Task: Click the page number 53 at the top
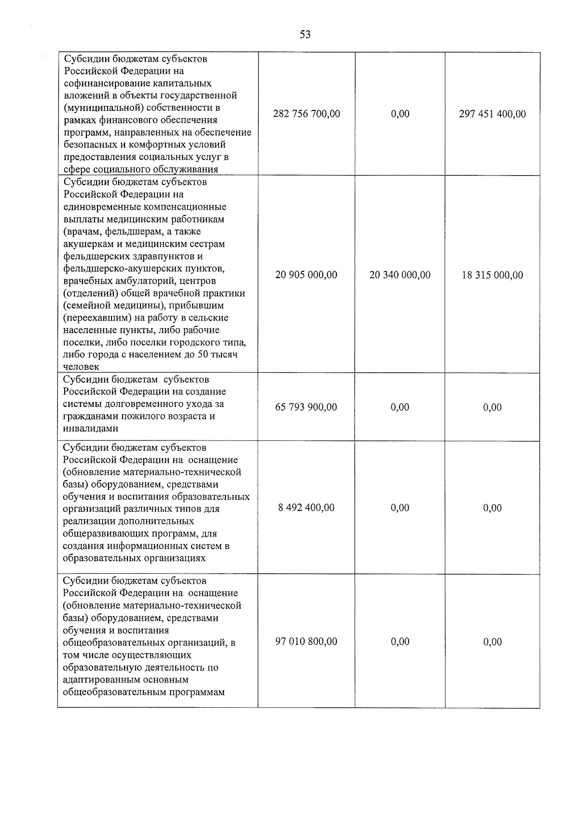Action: [x=305, y=34]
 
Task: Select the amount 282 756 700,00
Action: [x=306, y=114]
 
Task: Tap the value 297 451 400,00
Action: [x=492, y=114]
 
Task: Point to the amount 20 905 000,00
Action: [x=306, y=275]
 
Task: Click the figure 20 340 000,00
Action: [x=400, y=275]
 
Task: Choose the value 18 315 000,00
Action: [x=492, y=275]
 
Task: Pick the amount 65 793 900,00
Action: [x=306, y=407]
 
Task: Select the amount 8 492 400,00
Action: [x=306, y=508]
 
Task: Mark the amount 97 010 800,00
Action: [x=306, y=642]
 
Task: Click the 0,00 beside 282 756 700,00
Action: [x=400, y=114]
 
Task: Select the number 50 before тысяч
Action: [x=206, y=355]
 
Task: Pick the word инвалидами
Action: [x=90, y=429]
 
